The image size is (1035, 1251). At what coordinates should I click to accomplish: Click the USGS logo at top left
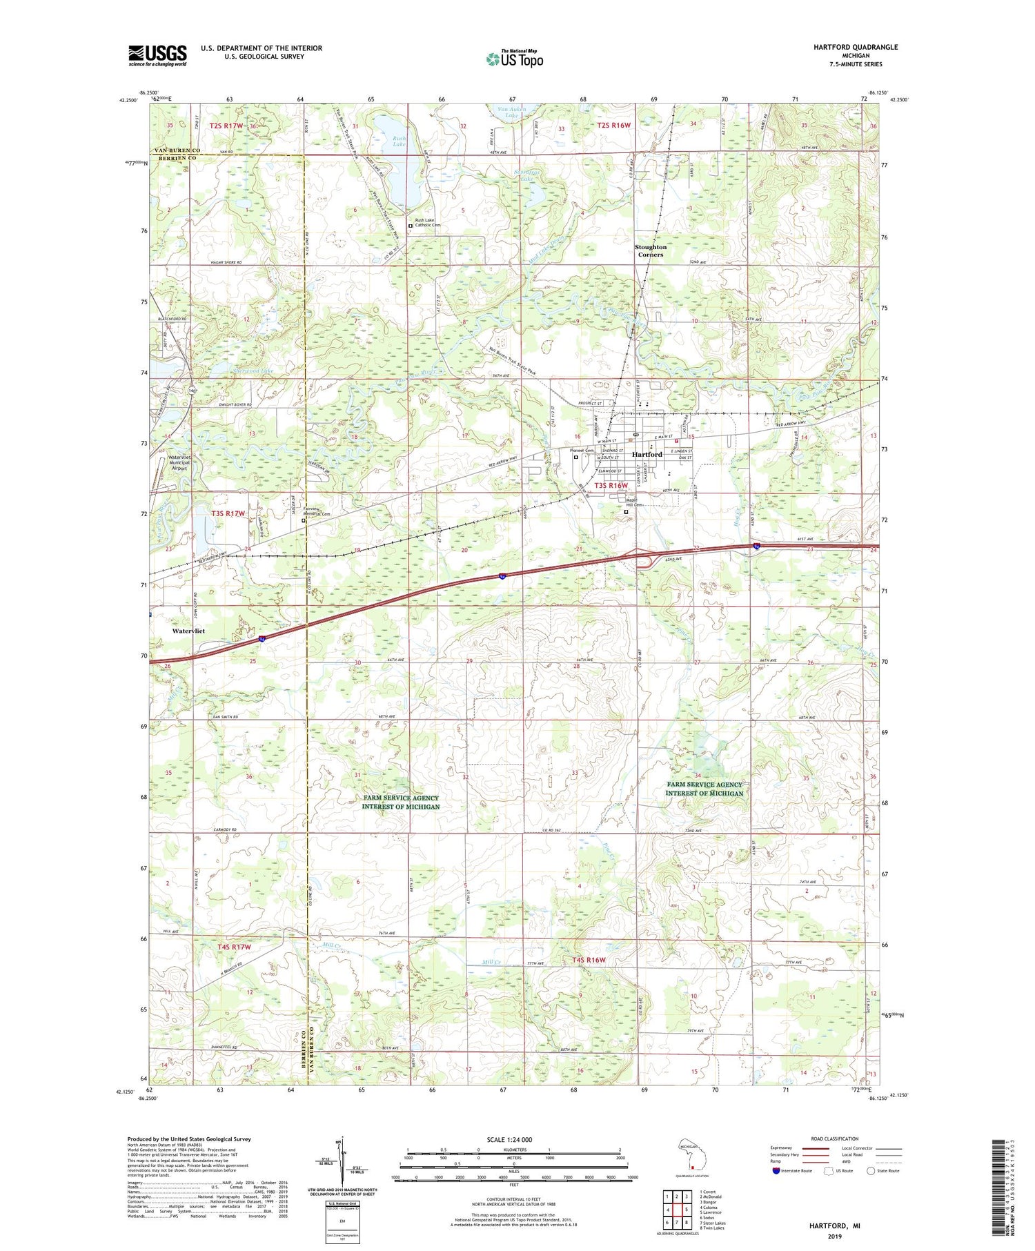pos(157,55)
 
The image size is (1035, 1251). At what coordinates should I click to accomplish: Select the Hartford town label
pos(647,454)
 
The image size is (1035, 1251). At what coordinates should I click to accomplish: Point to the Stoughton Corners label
pos(651,250)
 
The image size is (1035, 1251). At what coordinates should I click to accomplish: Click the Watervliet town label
pos(188,631)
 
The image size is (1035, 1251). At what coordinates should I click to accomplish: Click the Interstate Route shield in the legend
pos(776,1171)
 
